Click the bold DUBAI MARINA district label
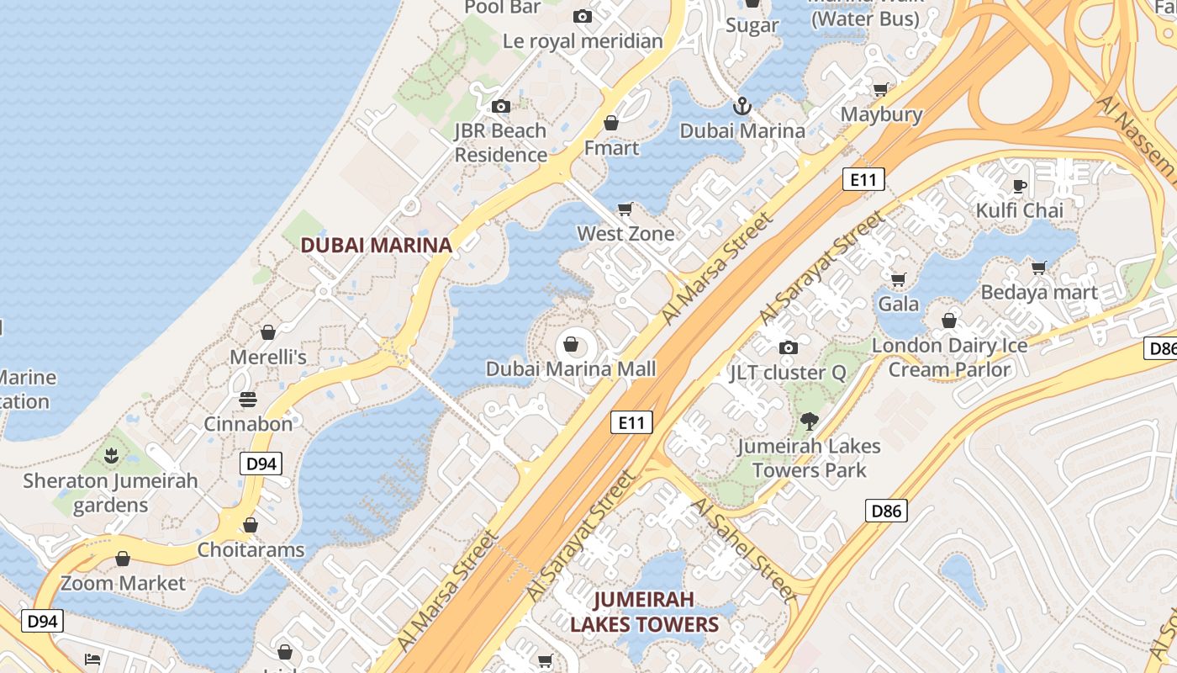tap(376, 245)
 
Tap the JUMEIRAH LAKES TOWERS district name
tap(644, 612)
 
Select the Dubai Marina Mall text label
tap(570, 368)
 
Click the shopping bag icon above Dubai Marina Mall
tap(571, 344)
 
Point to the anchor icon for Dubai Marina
tap(742, 106)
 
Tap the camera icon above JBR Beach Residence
tap(500, 106)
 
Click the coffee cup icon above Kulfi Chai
tap(1020, 186)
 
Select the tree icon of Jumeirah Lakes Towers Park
tap(809, 421)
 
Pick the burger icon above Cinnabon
tap(248, 399)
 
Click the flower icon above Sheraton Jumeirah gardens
tap(110, 457)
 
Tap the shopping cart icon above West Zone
tap(625, 209)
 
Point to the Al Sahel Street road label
tap(742, 549)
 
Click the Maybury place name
tap(881, 114)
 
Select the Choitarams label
tap(251, 550)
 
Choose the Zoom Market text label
tap(123, 583)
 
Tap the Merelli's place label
tap(268, 357)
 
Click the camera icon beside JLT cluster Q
tap(788, 348)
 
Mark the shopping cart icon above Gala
tap(898, 279)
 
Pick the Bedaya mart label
tap(1039, 293)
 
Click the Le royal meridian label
tap(583, 40)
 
